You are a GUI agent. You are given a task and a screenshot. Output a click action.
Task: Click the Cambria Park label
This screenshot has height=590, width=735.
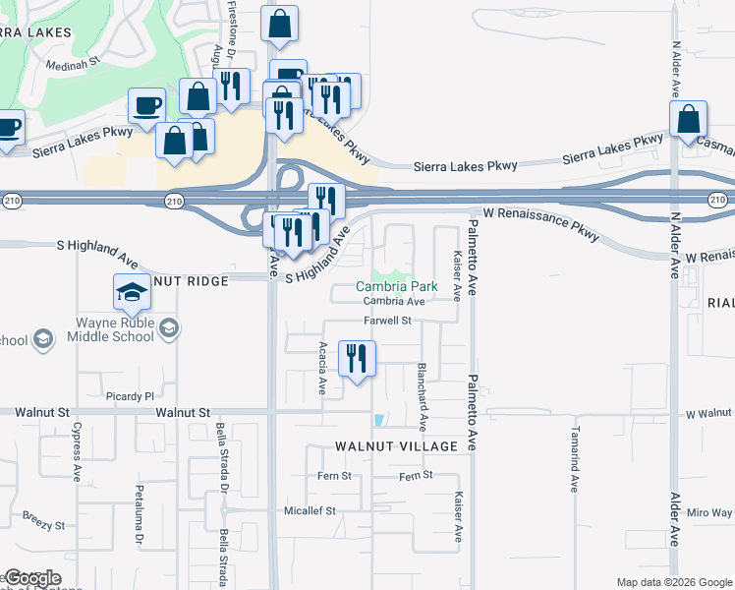(x=396, y=286)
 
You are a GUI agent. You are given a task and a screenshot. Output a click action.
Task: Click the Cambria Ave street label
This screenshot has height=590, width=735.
(x=393, y=302)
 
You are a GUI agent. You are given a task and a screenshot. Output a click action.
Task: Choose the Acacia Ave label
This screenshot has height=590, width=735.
(x=323, y=368)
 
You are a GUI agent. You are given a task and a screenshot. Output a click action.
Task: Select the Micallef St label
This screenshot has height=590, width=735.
(x=310, y=511)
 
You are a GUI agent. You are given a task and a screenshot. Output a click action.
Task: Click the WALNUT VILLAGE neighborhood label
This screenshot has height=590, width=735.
(x=396, y=446)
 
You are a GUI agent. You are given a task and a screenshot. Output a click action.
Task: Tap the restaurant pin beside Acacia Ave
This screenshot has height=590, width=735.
(x=356, y=358)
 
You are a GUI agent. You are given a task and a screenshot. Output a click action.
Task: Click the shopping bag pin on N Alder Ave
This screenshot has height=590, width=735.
(x=689, y=119)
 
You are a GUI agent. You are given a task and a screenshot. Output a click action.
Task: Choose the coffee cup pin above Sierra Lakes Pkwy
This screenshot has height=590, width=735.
(x=147, y=105)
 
